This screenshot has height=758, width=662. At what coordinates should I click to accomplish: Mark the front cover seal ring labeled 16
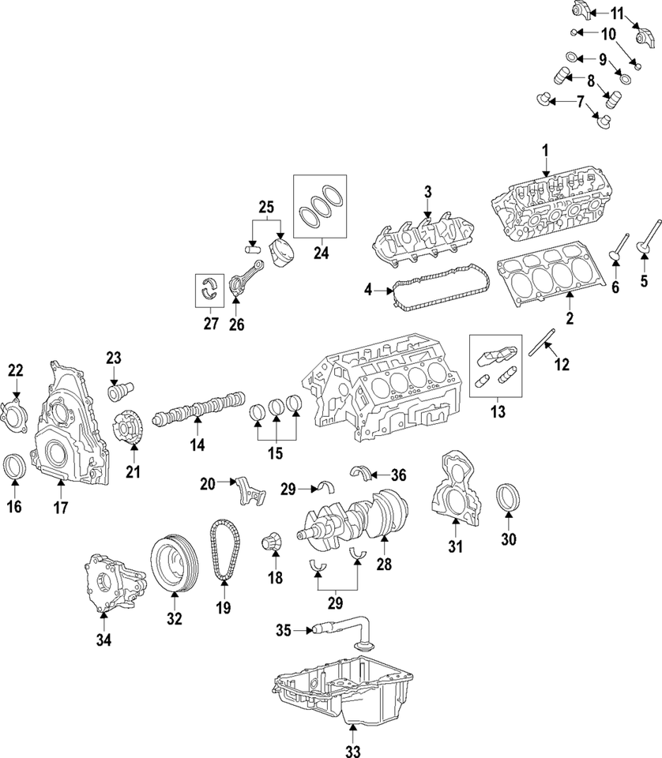[14, 466]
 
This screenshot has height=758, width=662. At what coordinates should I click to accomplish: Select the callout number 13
[498, 411]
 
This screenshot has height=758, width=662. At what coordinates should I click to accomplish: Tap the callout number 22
[16, 370]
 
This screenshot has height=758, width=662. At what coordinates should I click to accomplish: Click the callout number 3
[427, 192]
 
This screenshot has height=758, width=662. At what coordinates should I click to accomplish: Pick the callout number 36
[399, 474]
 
